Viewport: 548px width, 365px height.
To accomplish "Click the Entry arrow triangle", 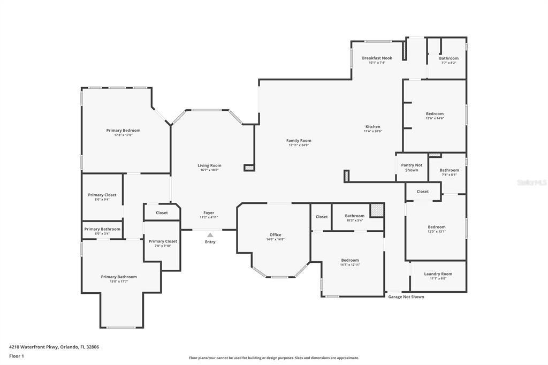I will click(x=210, y=235).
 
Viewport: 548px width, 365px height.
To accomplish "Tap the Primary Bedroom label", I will click(x=123, y=131).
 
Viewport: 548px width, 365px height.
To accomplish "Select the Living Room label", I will click(x=209, y=165).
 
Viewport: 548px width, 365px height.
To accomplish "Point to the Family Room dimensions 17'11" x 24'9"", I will click(x=299, y=145).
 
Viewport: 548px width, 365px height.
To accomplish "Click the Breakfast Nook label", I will click(x=377, y=58).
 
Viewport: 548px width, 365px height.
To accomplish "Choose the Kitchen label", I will click(x=372, y=127).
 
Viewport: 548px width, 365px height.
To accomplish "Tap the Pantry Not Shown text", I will click(x=412, y=168).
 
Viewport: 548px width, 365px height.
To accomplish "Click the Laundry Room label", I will click(x=438, y=274).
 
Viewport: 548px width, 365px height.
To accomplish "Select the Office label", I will click(x=275, y=235).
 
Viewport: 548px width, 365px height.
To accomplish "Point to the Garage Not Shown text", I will click(x=406, y=296).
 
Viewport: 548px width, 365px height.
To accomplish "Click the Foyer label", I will click(x=209, y=213).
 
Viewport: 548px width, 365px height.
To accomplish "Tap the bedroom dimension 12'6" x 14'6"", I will click(x=435, y=118).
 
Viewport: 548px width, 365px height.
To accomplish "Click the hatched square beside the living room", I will click(x=249, y=168).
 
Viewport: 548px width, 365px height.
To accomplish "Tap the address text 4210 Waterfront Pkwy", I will click(x=54, y=347).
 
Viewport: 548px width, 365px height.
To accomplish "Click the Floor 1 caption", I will click(x=17, y=356).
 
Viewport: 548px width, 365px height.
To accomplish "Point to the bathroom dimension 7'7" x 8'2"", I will click(x=448, y=63).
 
